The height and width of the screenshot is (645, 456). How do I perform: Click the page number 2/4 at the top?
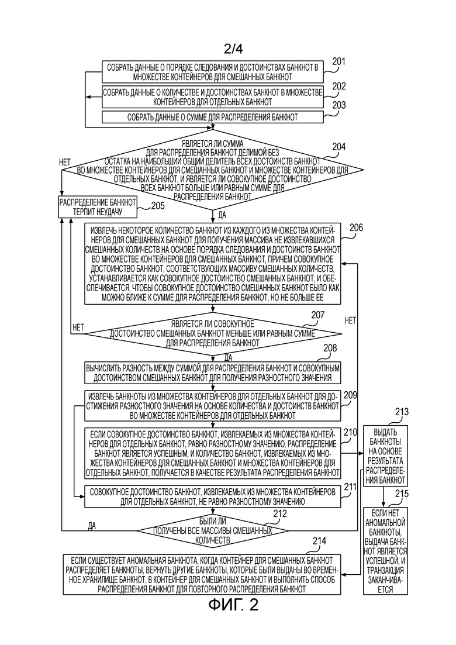point(233,49)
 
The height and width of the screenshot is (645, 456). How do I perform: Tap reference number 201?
point(339,62)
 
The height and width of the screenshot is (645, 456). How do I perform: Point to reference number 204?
point(339,147)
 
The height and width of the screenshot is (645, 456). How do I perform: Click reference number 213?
point(402,412)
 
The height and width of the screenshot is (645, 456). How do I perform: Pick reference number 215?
point(402,494)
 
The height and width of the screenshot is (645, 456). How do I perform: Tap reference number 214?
point(319,541)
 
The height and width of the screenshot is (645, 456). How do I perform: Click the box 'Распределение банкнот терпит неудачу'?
point(98,207)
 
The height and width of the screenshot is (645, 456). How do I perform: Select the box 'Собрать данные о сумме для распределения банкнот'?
point(213,117)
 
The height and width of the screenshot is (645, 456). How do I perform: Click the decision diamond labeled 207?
point(213,333)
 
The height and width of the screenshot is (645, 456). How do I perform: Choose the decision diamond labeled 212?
point(213,530)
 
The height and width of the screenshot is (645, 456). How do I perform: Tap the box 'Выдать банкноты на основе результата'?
point(385,456)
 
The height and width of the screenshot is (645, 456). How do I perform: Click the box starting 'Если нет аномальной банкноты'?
point(385,551)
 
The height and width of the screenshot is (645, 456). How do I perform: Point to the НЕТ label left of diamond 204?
point(65,162)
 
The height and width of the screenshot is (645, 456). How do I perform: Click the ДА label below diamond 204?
point(222,215)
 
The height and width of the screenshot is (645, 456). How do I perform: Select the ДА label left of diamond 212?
point(92,526)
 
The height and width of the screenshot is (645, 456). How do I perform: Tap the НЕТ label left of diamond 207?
point(78,327)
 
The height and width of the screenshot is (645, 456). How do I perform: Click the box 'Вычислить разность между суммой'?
point(213,372)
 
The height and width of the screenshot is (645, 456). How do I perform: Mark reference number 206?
point(356,227)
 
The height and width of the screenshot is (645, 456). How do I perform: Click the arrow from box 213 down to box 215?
point(384,496)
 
